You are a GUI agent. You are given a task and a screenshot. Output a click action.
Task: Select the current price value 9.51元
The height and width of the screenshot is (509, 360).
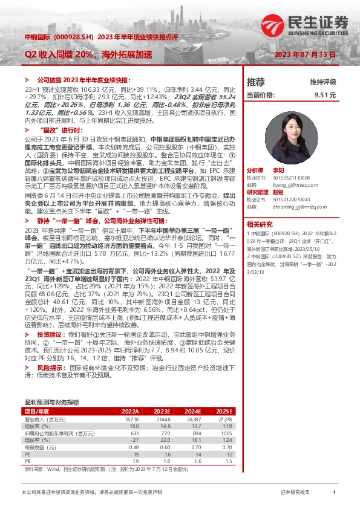click(x=324, y=95)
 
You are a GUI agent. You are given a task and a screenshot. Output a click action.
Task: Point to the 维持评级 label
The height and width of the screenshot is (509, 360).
click(x=322, y=82)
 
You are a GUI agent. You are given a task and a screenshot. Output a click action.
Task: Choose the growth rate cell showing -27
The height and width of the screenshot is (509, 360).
click(x=134, y=439)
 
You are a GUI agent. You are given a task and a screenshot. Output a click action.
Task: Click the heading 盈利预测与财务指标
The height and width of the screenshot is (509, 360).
click(x=51, y=402)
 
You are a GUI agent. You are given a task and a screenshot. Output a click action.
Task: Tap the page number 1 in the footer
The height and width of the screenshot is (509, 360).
click(x=333, y=493)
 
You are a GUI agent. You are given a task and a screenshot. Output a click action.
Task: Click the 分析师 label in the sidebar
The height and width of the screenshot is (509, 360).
click(x=256, y=171)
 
